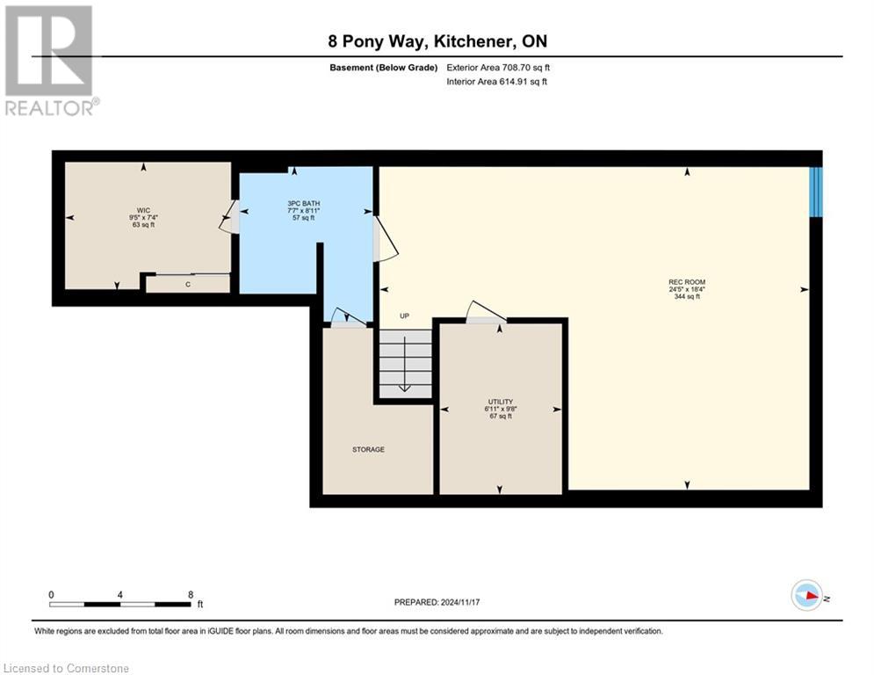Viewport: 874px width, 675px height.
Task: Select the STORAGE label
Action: point(368,449)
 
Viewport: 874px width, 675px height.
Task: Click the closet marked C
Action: point(188,284)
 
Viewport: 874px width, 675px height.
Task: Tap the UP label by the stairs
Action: point(405,316)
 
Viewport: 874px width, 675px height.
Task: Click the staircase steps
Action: point(405,362)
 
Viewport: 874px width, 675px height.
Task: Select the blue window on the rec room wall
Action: point(815,192)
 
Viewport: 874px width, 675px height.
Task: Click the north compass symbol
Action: point(806,596)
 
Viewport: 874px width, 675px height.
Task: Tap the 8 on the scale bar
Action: point(191,594)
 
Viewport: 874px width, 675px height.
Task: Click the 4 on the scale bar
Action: point(120,594)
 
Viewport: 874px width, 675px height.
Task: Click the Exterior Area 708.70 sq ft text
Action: point(499,67)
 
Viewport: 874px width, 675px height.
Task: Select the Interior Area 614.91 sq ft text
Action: point(497,82)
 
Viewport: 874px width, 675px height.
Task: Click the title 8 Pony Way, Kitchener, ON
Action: point(437,41)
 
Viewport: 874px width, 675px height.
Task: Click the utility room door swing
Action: point(486,312)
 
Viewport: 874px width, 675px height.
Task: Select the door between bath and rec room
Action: point(385,240)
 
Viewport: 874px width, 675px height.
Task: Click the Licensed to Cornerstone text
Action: point(66,668)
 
